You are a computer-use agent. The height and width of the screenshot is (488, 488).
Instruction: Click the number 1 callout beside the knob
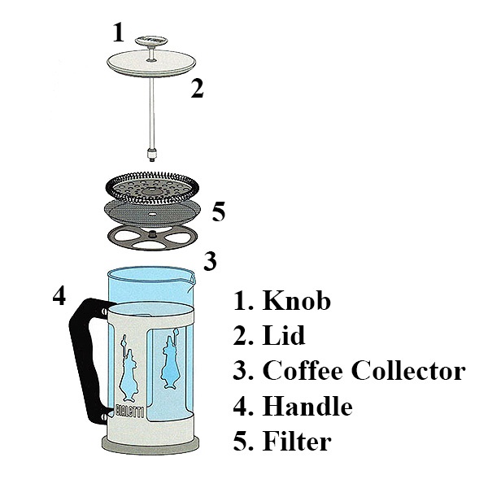pyautogui.click(x=118, y=32)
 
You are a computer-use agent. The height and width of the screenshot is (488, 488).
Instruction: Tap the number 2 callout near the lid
pyautogui.click(x=198, y=89)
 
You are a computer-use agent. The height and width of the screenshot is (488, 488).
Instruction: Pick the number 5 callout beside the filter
pyautogui.click(x=219, y=211)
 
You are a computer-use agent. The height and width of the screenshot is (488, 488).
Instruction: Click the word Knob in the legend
pyautogui.click(x=296, y=301)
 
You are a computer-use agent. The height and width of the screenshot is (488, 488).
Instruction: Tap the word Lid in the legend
pyautogui.click(x=284, y=335)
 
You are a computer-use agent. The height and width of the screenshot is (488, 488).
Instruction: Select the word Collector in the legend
pyautogui.click(x=408, y=370)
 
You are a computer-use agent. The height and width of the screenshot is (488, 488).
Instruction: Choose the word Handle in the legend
pyautogui.click(x=307, y=406)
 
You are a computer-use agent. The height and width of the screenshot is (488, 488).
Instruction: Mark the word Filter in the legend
pyautogui.click(x=297, y=441)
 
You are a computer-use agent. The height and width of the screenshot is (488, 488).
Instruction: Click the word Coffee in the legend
pyautogui.click(x=303, y=370)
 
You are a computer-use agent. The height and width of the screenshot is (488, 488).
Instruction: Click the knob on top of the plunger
pyautogui.click(x=151, y=41)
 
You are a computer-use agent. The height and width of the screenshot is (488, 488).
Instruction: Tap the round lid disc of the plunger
pyautogui.click(x=151, y=63)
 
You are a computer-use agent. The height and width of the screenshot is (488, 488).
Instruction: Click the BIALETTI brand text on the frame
pyautogui.click(x=130, y=411)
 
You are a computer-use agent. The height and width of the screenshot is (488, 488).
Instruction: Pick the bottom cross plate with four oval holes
pyautogui.click(x=153, y=238)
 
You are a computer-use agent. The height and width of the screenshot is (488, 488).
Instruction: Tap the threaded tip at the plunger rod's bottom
pyautogui.click(x=152, y=155)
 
